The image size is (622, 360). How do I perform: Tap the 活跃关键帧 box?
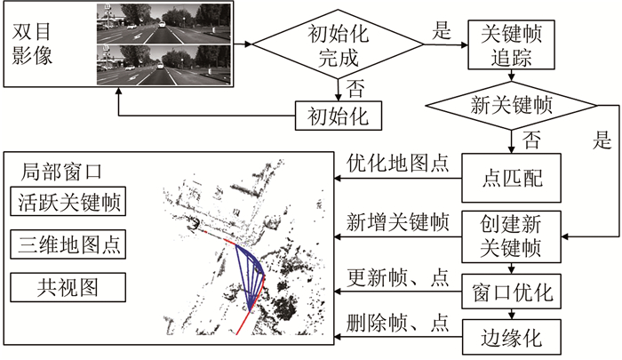pyautogui.click(x=68, y=203)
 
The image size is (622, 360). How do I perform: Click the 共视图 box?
pyautogui.click(x=68, y=285)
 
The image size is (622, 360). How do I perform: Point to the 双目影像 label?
pyautogui.click(x=33, y=42)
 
